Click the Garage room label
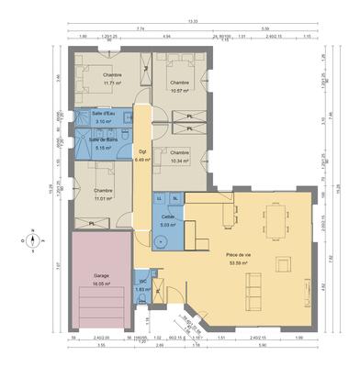(101, 274)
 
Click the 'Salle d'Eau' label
(103, 113)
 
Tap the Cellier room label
(166, 216)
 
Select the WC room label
(142, 283)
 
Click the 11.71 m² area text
(112, 83)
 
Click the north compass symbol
(33, 240)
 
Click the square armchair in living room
(286, 265)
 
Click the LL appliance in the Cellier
(159, 198)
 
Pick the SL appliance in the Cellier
(174, 198)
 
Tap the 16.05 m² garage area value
(101, 284)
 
